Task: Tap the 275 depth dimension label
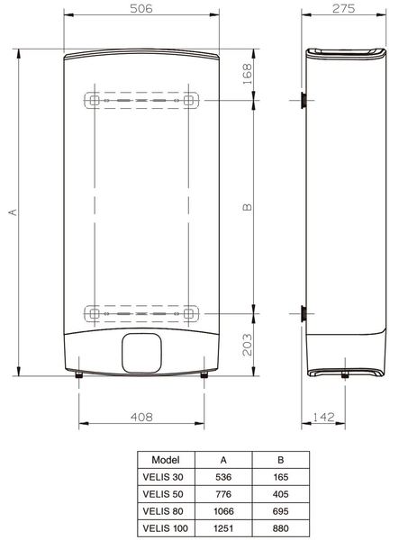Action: coord(340,8)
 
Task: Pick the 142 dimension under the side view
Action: coord(323,418)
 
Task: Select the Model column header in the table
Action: coord(165,457)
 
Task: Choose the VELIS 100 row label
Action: coord(165,526)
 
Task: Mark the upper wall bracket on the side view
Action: coord(302,100)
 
